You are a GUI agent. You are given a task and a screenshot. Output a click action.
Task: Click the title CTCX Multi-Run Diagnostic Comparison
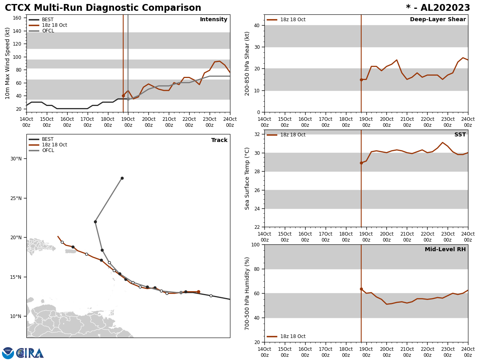(103, 8)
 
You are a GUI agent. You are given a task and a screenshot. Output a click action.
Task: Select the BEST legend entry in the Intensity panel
(48, 20)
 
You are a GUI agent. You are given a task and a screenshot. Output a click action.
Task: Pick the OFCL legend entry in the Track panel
(48, 150)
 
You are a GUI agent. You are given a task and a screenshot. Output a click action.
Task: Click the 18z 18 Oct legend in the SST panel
(292, 135)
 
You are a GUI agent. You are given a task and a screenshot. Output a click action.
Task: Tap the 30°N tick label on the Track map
(16, 159)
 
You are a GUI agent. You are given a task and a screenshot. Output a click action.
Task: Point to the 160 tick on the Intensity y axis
(17, 18)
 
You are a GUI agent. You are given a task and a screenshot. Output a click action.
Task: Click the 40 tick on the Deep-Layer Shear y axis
(256, 25)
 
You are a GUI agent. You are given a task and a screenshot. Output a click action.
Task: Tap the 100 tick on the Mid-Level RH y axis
(255, 244)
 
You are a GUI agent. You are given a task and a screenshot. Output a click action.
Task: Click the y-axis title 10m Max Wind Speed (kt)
(8, 63)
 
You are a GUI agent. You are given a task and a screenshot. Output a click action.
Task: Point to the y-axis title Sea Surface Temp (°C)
(247, 178)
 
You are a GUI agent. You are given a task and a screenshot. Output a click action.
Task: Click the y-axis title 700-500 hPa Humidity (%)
(247, 293)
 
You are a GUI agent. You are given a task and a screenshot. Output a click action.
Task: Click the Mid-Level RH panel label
(445, 250)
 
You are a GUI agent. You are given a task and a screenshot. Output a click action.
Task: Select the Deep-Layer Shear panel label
(438, 20)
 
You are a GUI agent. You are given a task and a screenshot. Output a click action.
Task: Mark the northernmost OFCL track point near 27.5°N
(122, 178)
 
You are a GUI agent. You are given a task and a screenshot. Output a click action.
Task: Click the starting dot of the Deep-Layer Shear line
(361, 80)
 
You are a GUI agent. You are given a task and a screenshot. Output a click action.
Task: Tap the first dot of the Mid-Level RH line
(361, 289)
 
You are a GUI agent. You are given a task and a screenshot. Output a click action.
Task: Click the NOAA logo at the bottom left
(8, 353)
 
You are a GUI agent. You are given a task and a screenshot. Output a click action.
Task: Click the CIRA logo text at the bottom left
(30, 353)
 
